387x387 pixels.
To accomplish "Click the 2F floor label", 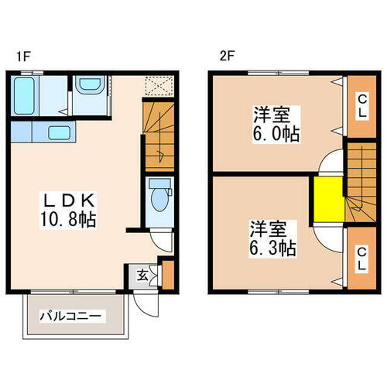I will tap(225, 56).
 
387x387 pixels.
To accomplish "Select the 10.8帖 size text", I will tap(68, 220).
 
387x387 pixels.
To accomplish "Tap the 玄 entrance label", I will tap(144, 273).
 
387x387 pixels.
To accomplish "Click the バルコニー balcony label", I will tap(71, 317).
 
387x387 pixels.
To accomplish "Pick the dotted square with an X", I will tap(160, 85).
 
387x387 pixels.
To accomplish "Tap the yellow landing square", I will tap(328, 200).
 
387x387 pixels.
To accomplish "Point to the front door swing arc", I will tap(147, 304).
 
